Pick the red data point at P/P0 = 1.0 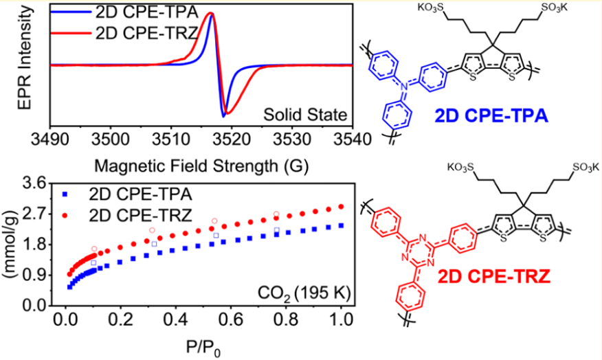point(342,207)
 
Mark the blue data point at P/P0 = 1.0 point(342,225)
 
